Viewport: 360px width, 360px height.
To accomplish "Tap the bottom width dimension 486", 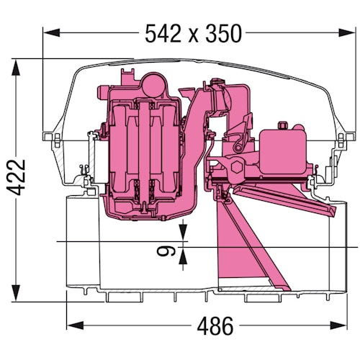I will [214, 326].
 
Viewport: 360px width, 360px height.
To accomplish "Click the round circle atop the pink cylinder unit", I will [154, 84].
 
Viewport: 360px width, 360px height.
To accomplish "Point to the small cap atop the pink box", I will [283, 126].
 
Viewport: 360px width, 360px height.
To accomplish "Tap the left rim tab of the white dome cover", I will [49, 136].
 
